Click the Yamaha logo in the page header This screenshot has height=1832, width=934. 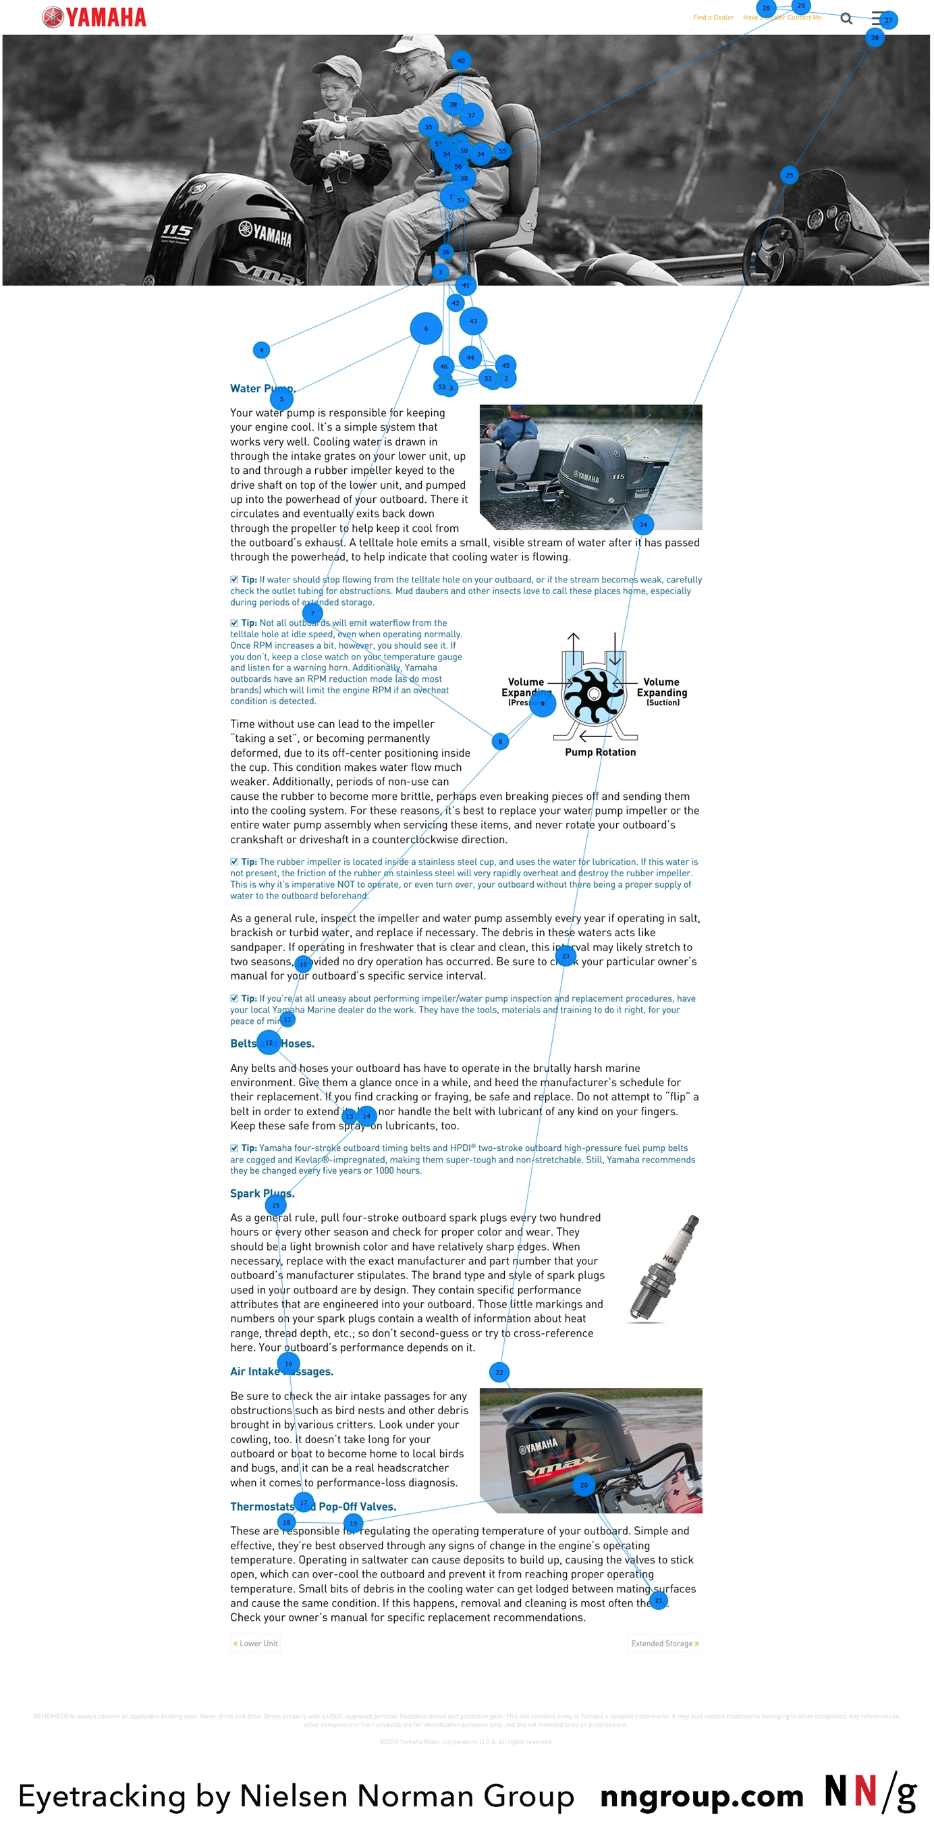pos(94,17)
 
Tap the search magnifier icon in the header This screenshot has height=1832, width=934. pos(846,18)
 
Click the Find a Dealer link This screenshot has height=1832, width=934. pos(713,18)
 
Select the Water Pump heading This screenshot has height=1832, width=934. pos(263,388)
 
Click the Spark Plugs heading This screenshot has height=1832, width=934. pos(262,1193)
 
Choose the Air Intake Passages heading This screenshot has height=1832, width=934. pos(281,1371)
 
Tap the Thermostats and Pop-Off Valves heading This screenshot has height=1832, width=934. pos(312,1506)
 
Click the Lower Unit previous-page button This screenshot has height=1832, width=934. pos(255,1644)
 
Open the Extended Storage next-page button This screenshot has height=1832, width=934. pos(665,1644)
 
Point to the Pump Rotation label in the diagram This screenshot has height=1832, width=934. pos(600,753)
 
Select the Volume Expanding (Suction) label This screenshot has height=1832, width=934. pos(662,692)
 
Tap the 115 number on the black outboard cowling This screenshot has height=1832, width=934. pos(176,230)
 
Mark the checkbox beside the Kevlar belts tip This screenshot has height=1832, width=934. pos(234,1148)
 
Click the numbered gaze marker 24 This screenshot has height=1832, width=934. pos(642,525)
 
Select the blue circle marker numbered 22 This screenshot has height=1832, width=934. pos(499,1372)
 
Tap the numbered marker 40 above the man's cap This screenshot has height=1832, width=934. pos(461,61)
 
